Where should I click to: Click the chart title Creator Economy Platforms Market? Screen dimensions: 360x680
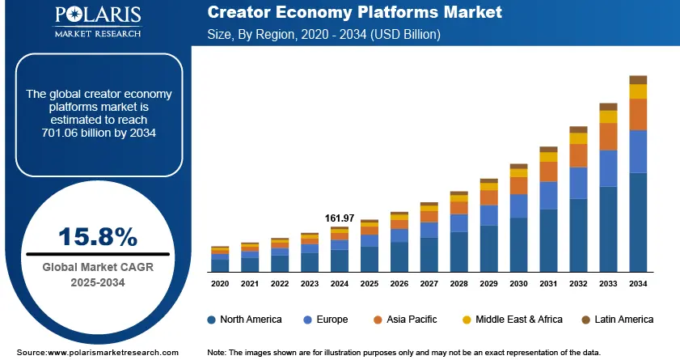coord(354,13)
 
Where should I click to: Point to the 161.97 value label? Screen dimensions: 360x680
coord(340,218)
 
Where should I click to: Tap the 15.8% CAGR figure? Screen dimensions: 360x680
coord(98,236)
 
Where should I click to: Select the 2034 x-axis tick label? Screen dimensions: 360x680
coord(638,284)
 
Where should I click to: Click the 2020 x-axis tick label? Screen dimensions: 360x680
coord(220,284)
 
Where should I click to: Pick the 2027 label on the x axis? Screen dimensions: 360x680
coord(429,284)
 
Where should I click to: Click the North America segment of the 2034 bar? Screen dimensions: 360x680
coord(638,222)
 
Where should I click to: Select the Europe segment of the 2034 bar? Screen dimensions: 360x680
coord(638,151)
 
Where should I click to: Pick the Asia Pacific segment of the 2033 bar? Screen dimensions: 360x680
coord(608,136)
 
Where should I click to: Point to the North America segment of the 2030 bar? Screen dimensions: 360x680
coord(518,245)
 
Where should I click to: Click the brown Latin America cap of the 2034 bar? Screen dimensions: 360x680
coord(638,79)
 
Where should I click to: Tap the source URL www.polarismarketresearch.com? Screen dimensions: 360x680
coord(112,353)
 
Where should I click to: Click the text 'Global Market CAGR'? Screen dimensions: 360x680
coord(97,266)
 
